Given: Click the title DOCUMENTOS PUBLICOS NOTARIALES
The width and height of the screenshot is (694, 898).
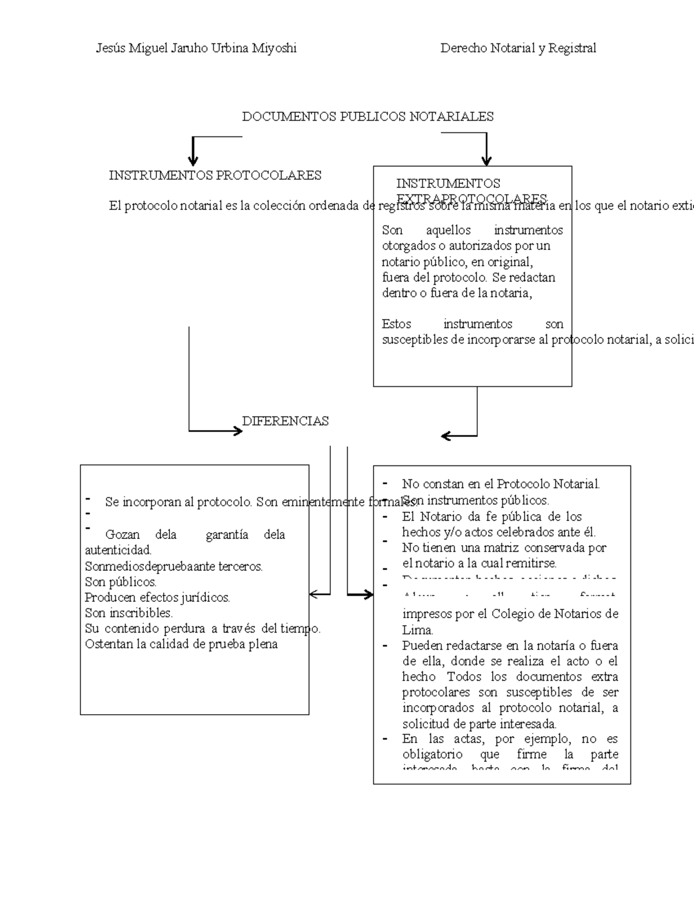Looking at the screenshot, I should pyautogui.click(x=367, y=117).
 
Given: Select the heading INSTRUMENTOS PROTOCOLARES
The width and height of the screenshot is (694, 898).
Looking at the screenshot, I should pyautogui.click(x=215, y=175).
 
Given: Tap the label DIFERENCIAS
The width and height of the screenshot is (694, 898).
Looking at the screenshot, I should pyautogui.click(x=285, y=421).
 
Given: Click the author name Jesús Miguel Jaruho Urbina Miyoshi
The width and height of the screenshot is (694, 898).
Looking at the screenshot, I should pyautogui.click(x=196, y=48).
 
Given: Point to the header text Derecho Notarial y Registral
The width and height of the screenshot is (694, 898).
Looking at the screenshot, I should pyautogui.click(x=518, y=48).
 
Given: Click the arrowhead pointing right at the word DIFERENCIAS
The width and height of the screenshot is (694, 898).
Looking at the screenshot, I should pyautogui.click(x=237, y=431).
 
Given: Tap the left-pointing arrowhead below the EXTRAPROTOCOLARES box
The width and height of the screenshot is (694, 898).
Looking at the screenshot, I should pyautogui.click(x=446, y=435).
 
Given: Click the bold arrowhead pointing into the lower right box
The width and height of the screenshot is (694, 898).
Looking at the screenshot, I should pyautogui.click(x=367, y=594).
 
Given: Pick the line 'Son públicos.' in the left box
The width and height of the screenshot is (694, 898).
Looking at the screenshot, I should pyautogui.click(x=120, y=582).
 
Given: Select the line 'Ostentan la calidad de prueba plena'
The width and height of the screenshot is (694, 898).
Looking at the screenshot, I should pyautogui.click(x=181, y=644).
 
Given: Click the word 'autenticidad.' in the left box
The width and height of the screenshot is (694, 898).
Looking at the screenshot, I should pyautogui.click(x=118, y=550).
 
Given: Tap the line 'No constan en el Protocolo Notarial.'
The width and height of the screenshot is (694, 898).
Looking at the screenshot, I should pyautogui.click(x=501, y=484).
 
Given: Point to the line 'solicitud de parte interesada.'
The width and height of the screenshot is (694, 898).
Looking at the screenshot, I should pyautogui.click(x=479, y=723).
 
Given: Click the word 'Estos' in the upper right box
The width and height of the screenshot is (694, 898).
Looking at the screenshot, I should pyautogui.click(x=396, y=324).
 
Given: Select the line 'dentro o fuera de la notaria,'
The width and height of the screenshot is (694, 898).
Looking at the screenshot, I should pyautogui.click(x=456, y=293).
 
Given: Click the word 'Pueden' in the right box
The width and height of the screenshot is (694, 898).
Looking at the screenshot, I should pyautogui.click(x=422, y=645).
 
